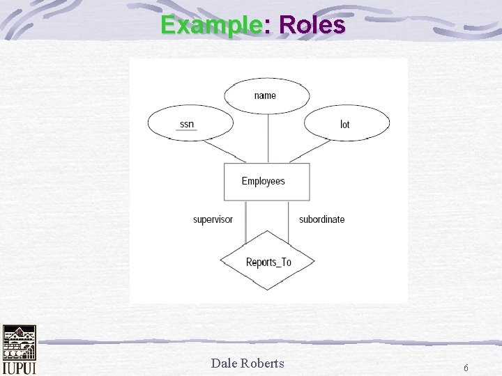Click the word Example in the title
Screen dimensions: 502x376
coord(211,25)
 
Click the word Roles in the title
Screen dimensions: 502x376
coord(312,25)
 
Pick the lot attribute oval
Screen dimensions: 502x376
coord(347,125)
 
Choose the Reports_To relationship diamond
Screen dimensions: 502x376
coord(268,262)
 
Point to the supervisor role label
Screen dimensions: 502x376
coord(213,219)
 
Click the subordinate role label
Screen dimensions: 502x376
coord(321,219)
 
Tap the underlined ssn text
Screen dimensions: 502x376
coord(187,125)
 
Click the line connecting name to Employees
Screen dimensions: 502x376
coord(268,138)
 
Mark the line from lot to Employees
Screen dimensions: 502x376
coord(310,150)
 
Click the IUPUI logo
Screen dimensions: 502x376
coord(19,350)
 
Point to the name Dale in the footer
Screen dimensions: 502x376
coord(225,362)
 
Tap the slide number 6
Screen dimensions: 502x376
coord(466,367)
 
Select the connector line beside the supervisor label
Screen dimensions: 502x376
coord(245,221)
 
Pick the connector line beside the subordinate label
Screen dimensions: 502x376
coord(290,221)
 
